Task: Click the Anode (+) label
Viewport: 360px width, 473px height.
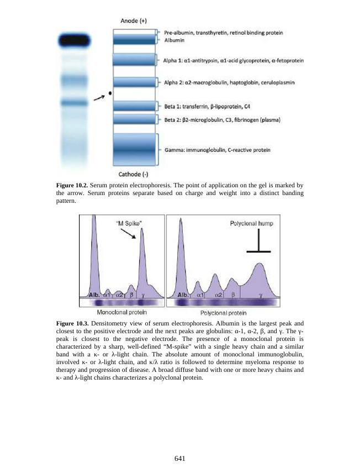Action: (x=133, y=21)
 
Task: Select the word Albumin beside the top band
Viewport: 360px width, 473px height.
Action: (x=174, y=40)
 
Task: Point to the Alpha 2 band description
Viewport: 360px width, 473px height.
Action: (x=229, y=82)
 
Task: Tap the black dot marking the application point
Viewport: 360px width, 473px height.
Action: (x=110, y=94)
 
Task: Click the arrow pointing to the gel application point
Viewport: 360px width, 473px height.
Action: (x=99, y=98)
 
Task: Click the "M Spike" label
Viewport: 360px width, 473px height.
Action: (x=128, y=223)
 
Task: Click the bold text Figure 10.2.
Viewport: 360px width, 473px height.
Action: (x=73, y=184)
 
